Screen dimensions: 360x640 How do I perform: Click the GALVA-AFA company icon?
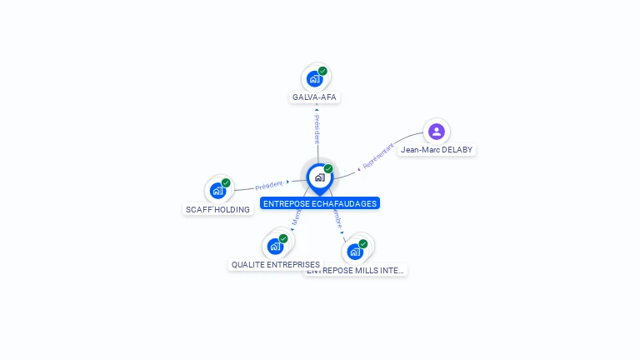[314, 79]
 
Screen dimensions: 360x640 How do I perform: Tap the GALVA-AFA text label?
[314, 97]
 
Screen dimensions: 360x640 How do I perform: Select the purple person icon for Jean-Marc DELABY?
[436, 132]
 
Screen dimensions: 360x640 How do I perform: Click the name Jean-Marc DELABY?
[436, 150]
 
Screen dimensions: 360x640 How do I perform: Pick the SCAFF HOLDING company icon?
[217, 191]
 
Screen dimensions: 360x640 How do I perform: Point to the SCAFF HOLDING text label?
[217, 210]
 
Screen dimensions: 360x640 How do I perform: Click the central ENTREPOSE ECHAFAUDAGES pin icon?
[319, 177]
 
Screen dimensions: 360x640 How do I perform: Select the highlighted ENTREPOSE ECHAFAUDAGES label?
[319, 203]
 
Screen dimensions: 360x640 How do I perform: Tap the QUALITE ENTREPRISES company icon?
[275, 247]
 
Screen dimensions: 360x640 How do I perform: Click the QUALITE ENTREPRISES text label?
[275, 265]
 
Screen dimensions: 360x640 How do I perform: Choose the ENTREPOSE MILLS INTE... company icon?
[355, 252]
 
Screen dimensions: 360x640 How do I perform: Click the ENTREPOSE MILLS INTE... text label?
[357, 270]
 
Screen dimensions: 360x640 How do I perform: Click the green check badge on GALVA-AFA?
[322, 71]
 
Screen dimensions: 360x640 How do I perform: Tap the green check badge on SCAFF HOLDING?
[226, 182]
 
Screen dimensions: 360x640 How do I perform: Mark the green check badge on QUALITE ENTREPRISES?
[283, 238]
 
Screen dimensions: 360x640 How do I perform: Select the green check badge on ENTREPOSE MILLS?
[363, 243]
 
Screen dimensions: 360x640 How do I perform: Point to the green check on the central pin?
[328, 169]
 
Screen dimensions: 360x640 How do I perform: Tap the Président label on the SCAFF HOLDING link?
[269, 186]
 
